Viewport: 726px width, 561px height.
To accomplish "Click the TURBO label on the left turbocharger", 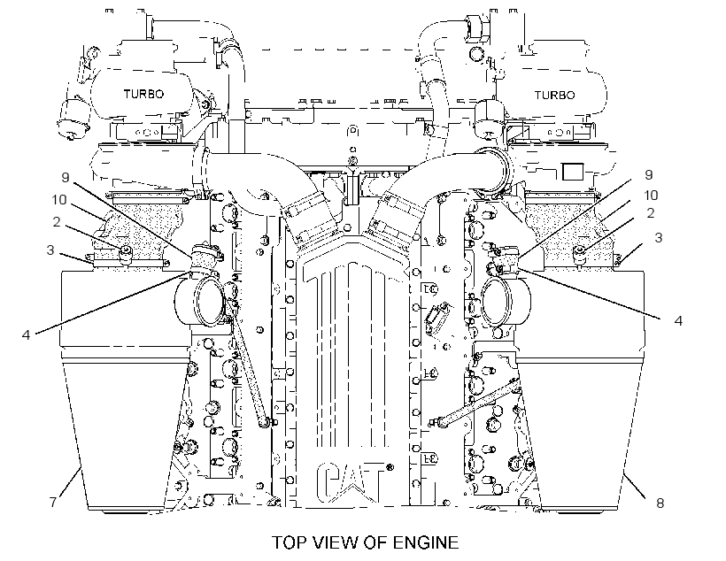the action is [143, 94].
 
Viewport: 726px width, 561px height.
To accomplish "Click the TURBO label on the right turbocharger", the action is [555, 96].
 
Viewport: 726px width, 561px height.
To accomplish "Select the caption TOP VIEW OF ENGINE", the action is [365, 542].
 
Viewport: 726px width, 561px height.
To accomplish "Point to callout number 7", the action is [53, 502].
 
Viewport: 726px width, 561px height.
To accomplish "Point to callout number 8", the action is [660, 503].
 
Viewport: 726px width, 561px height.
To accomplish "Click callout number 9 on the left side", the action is [65, 177].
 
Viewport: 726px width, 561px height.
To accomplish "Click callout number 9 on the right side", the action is [649, 174].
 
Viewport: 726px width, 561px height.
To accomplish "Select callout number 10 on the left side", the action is [59, 200].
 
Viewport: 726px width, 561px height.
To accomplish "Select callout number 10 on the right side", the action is [651, 195].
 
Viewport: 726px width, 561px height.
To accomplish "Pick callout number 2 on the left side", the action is [57, 222].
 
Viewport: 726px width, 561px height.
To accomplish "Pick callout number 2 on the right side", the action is [651, 213].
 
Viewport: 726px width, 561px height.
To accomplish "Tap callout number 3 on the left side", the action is [50, 250].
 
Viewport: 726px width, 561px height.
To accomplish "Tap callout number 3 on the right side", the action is [659, 237].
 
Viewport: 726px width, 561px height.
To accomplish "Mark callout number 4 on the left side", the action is [26, 334].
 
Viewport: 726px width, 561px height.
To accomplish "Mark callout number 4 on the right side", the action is [678, 320].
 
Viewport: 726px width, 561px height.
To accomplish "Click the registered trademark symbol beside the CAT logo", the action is [390, 467].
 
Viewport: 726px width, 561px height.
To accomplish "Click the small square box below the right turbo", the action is [573, 171].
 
